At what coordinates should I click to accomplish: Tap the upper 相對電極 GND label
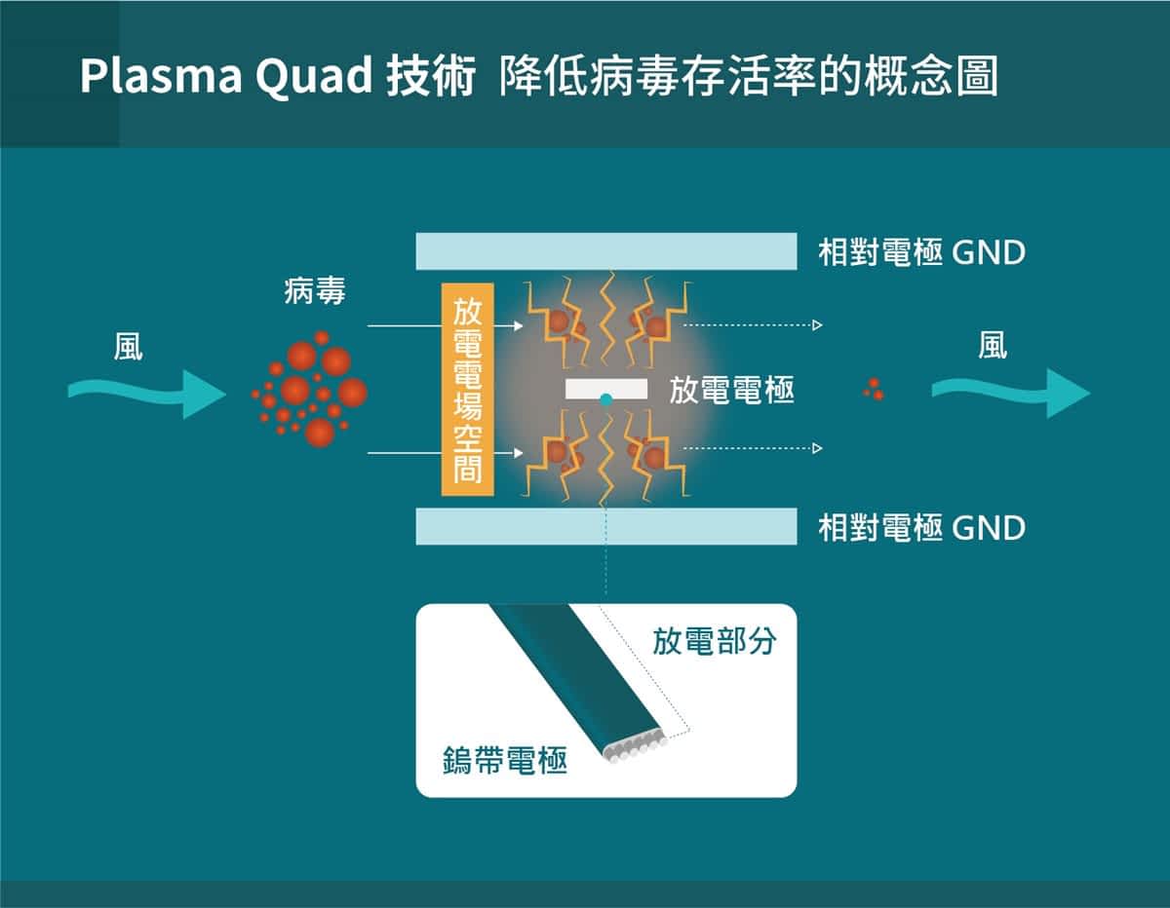point(921,253)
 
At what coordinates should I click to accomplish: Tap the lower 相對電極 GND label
point(921,528)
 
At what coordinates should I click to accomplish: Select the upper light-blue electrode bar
point(606,251)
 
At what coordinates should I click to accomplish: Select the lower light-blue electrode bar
point(606,526)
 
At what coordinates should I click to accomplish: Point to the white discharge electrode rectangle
point(606,388)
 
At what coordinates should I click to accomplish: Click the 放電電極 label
point(731,392)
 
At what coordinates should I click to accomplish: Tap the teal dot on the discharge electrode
point(606,399)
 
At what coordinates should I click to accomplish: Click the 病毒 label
point(315,290)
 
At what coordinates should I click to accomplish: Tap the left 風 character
point(129,347)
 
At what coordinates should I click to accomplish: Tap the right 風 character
point(993,347)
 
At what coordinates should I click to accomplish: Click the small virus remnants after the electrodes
point(874,390)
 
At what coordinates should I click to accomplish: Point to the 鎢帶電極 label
point(504,761)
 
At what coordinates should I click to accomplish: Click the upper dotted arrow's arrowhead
point(817,324)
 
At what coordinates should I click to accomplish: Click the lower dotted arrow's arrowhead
point(817,448)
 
